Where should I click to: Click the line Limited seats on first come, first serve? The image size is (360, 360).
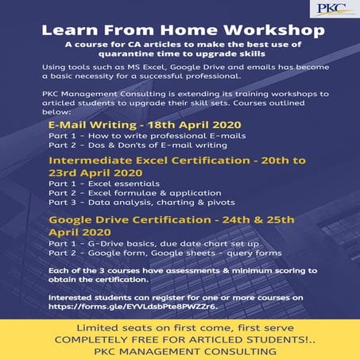point(180,328)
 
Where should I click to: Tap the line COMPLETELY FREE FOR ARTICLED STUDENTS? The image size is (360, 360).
point(180,339)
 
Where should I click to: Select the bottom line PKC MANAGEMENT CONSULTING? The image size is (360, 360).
point(180,350)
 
